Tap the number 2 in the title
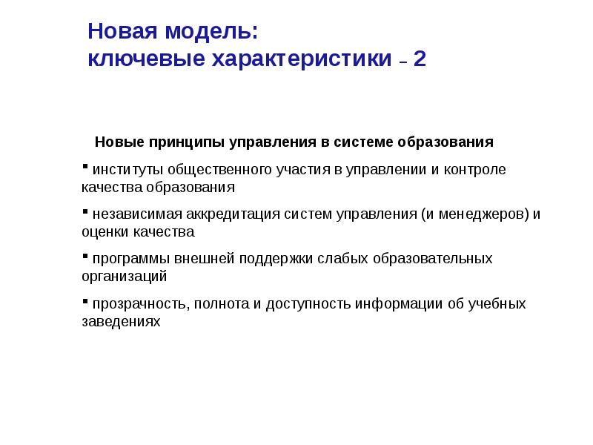point(420,59)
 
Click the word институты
point(122,170)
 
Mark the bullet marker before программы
point(85,254)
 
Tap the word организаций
point(124,277)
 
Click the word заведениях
point(121,322)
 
